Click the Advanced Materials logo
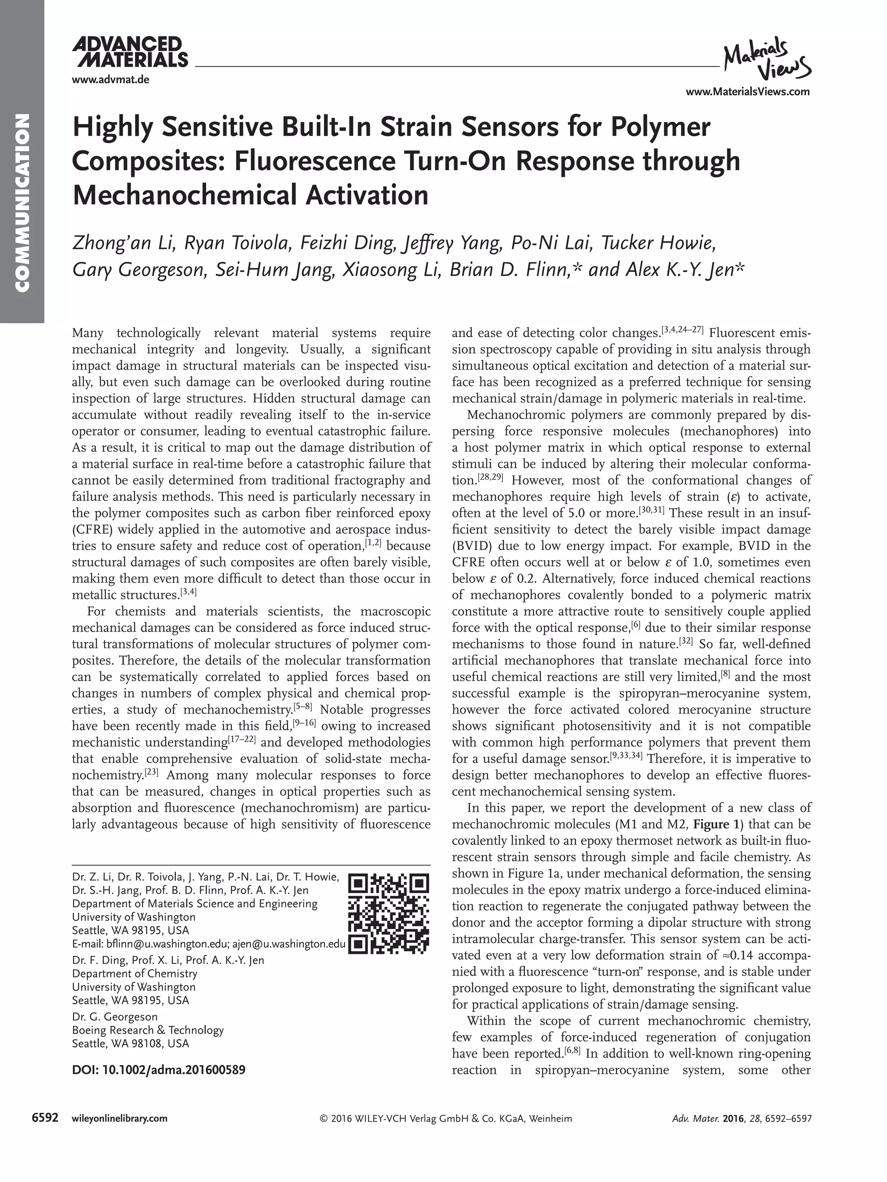click(130, 52)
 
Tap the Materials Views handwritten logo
click(766, 59)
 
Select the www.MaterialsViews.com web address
click(748, 91)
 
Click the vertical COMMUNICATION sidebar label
click(22, 203)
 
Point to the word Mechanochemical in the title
click(185, 195)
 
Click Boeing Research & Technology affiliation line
click(148, 1030)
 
